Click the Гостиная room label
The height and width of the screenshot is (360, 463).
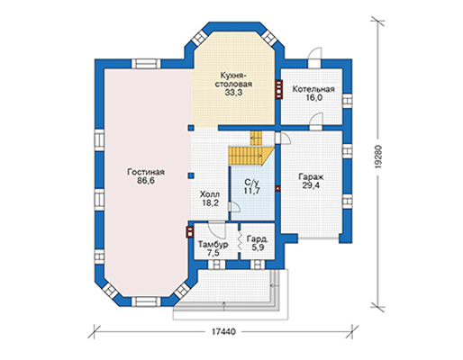tap(146, 172)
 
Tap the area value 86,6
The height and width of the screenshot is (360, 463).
tap(146, 181)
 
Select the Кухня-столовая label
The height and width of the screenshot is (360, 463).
tap(233, 79)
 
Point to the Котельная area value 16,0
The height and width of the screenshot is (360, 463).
tap(313, 98)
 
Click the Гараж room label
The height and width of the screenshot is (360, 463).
tap(311, 176)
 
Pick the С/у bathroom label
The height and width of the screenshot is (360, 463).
tap(251, 183)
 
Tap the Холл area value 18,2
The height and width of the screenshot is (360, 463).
tap(210, 203)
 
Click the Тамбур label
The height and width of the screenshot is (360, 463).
tap(213, 245)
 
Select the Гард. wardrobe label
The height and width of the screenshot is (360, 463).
tap(258, 238)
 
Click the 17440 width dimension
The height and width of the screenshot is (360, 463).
tap(223, 332)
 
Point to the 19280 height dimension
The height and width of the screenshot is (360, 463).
tap(378, 157)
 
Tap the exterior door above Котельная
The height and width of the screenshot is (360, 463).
tap(314, 58)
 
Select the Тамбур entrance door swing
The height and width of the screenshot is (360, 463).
tap(217, 229)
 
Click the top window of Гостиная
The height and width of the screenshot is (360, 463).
tap(146, 64)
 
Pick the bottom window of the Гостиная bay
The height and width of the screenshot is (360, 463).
tap(146, 301)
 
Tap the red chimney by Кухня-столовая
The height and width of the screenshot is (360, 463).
tap(279, 89)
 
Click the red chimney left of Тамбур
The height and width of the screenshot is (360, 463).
tap(190, 232)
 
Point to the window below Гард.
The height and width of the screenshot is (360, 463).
tap(258, 265)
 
